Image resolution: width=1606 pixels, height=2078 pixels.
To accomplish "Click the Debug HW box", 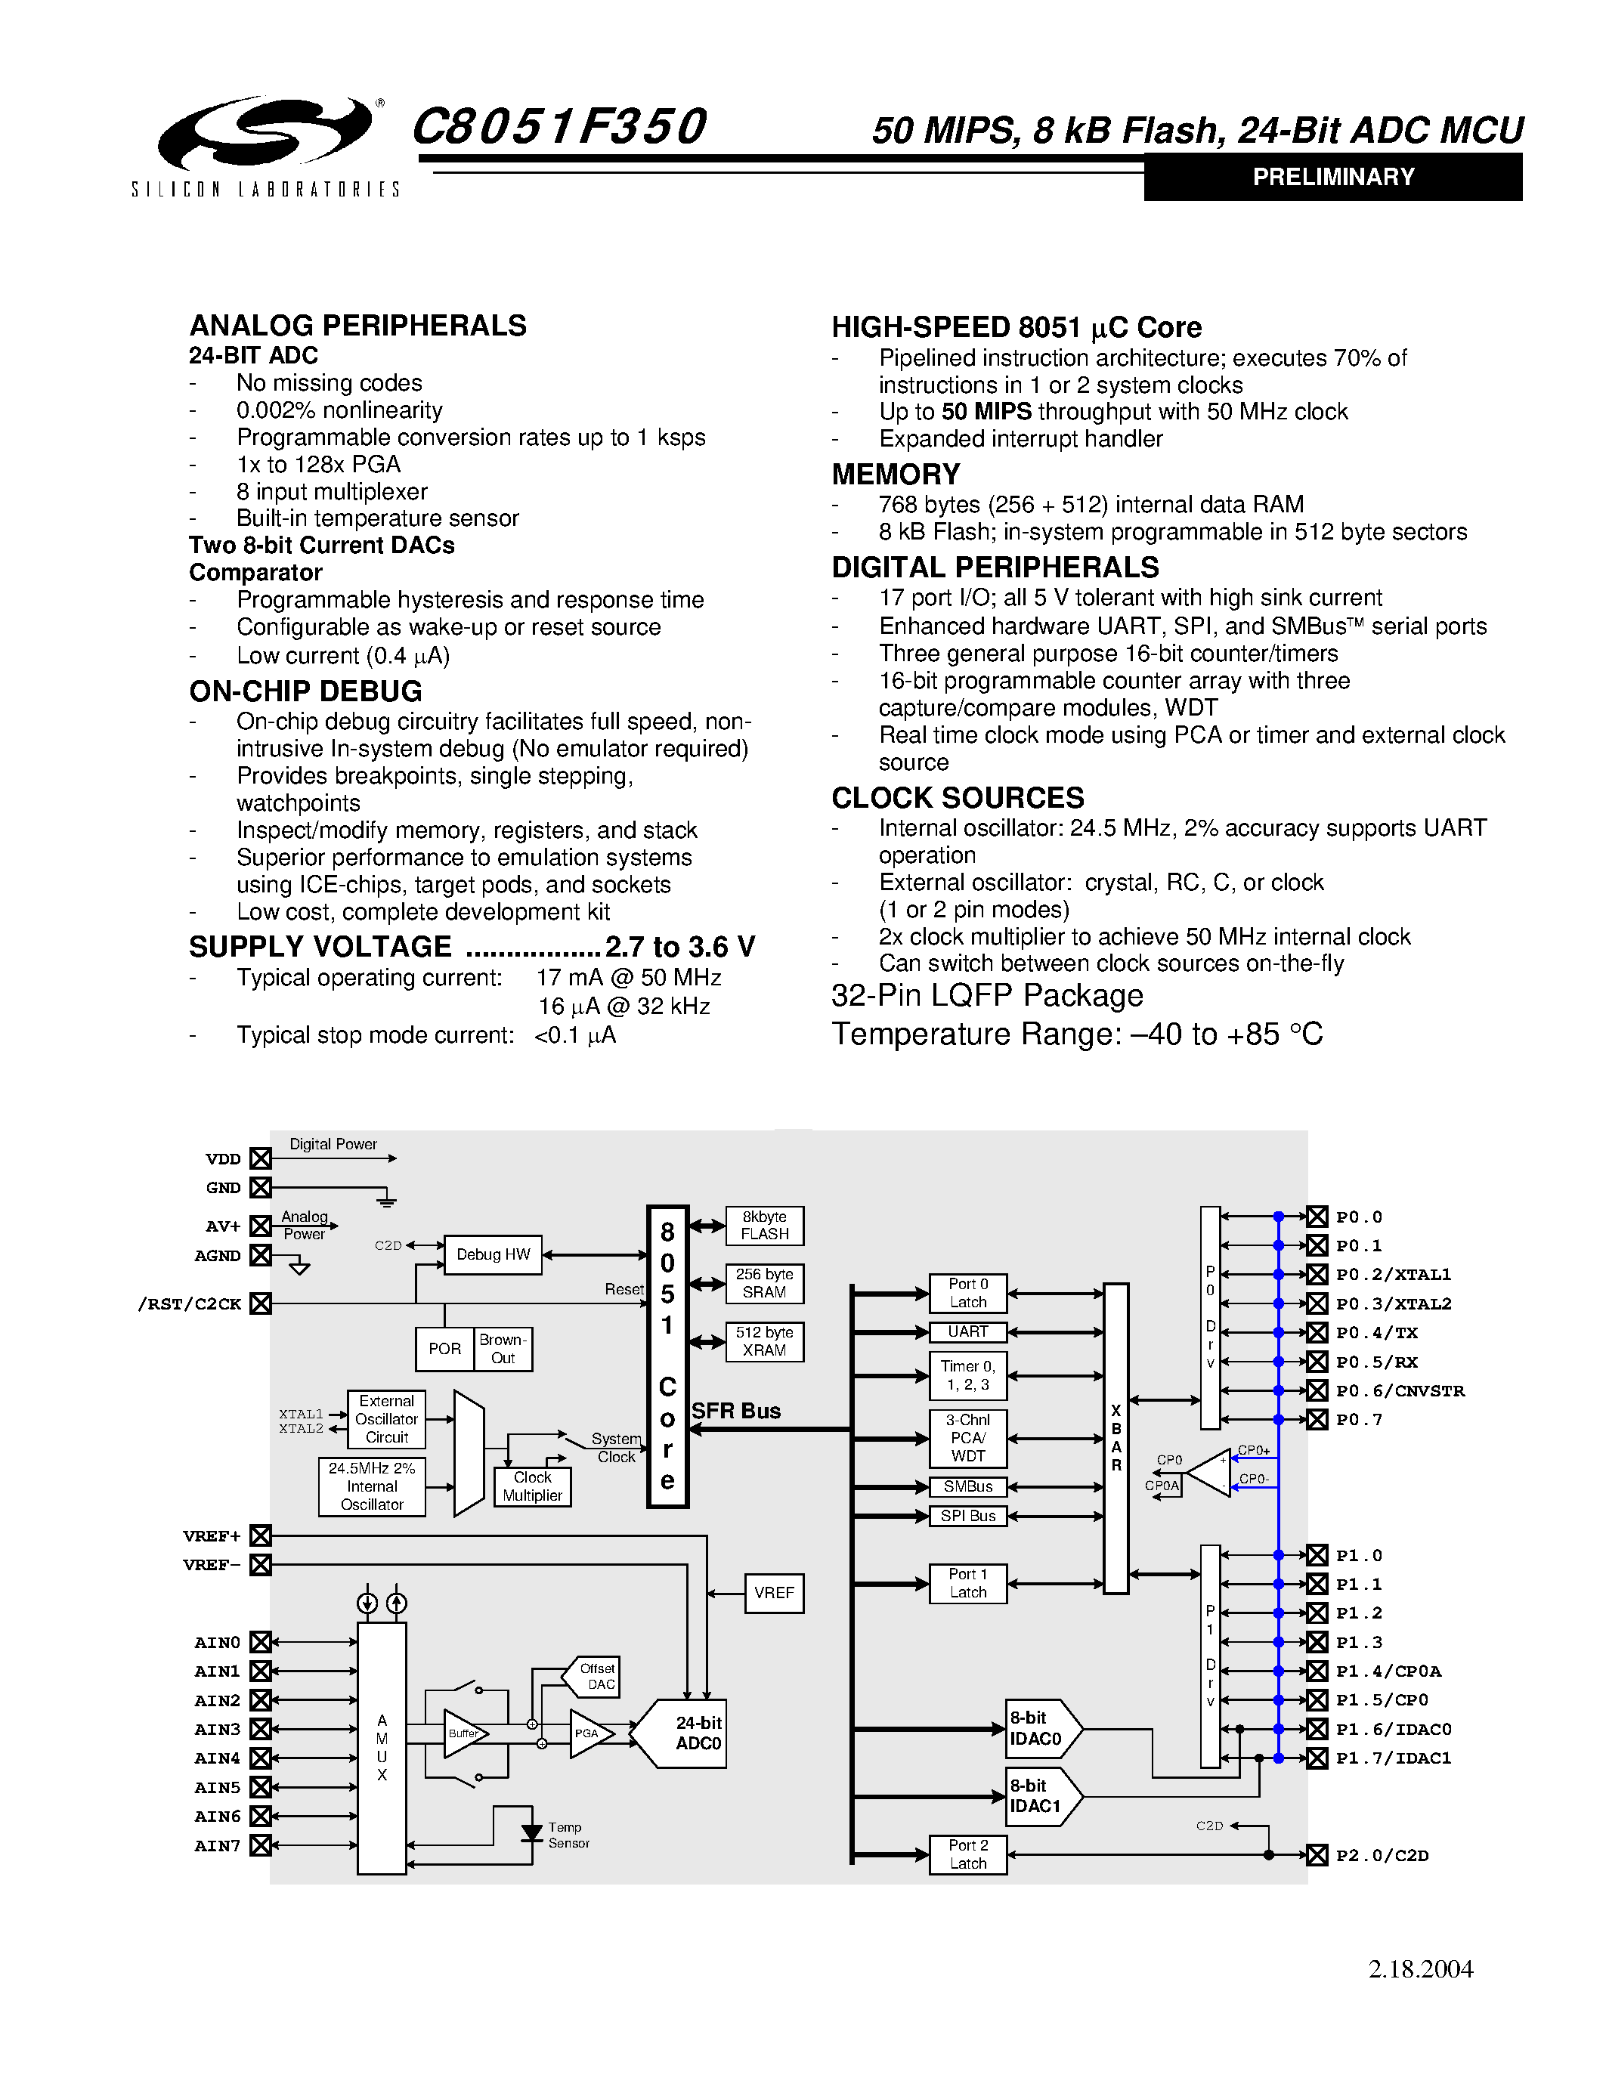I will pos(493,1254).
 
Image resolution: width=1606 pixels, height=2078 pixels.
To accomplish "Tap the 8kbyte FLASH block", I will pos(764,1226).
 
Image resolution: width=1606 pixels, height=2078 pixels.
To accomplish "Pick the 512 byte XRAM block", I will pos(764,1341).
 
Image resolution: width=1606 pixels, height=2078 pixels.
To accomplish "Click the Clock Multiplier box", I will pos(532,1486).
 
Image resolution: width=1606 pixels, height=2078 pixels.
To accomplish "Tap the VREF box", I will pos(773,1593).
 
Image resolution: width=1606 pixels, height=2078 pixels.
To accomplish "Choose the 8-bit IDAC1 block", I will pos(1039,1796).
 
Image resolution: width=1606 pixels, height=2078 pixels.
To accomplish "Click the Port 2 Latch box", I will pos(967,1854).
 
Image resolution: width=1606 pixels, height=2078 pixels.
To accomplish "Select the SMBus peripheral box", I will pos(967,1487).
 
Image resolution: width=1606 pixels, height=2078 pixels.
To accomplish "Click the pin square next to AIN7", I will pos(261,1846).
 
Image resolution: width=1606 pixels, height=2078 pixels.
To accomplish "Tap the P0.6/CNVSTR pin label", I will pos(1400,1391).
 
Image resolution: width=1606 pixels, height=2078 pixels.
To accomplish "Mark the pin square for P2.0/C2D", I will pos(1317,1854).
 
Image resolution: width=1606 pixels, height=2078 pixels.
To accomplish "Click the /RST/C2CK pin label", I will pos(190,1303).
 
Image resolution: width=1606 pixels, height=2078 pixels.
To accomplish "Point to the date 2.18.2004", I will pos(1421,1969).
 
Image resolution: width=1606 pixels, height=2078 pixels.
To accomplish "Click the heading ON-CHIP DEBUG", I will pos(305,691).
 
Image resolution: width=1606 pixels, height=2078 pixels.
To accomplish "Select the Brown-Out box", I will pos(503,1349).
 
